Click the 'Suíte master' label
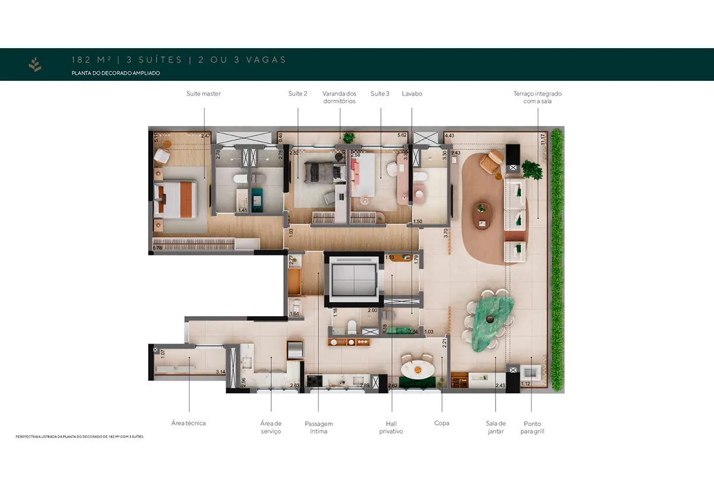(x=203, y=94)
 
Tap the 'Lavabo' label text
(x=412, y=94)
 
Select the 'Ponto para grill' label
(x=533, y=427)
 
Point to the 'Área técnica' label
(x=189, y=423)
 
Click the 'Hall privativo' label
(x=391, y=427)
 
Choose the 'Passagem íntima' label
(x=318, y=427)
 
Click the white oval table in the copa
(x=418, y=368)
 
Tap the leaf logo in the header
(x=35, y=64)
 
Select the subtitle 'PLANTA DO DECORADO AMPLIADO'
(x=115, y=73)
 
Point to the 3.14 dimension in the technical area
(x=220, y=372)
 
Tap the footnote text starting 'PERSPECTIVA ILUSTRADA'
(x=80, y=437)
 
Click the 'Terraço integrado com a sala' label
(x=537, y=97)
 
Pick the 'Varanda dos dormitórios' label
(x=339, y=97)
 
